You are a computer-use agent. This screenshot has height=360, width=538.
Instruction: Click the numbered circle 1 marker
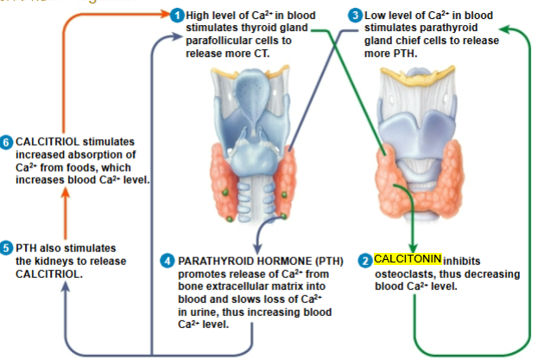coord(178,16)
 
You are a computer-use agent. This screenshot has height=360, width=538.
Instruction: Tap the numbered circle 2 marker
coord(364,260)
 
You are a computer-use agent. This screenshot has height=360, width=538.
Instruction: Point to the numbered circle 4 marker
coord(169,260)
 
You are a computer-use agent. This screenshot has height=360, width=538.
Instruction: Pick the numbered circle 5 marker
coord(8,246)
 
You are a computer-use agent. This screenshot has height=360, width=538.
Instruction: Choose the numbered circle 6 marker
coord(8,142)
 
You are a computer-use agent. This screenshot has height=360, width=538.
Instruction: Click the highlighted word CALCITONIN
coord(408,259)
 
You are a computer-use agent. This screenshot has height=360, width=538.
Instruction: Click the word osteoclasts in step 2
coord(403,274)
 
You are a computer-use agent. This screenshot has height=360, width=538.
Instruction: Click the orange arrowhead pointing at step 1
coord(163,16)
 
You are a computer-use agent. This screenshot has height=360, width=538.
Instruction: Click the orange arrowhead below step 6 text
coord(64,194)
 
